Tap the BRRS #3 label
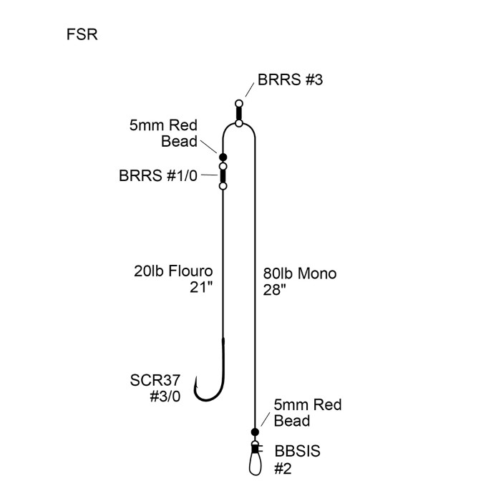click(289, 80)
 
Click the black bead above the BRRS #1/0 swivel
click(223, 157)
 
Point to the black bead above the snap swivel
click(254, 432)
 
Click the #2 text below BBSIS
click(283, 469)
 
